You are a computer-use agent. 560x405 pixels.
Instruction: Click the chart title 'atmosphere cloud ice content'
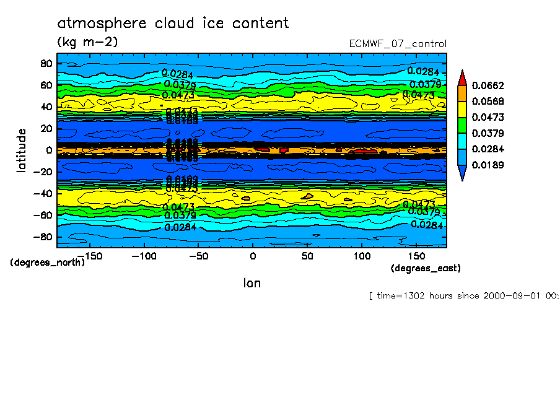pos(173,24)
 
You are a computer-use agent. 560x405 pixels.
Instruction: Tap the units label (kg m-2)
pos(87,42)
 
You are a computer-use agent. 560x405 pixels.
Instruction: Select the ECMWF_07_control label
pos(398,43)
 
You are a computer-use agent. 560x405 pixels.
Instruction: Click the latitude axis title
pos(22,150)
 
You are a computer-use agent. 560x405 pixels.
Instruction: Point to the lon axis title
pos(252,283)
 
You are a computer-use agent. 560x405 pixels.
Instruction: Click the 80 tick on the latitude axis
pos(45,63)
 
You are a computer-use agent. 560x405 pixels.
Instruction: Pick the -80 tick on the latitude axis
pos(43,237)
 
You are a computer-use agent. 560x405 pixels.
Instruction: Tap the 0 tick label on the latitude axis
pos(48,150)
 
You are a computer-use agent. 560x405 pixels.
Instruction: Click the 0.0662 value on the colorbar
pos(488,85)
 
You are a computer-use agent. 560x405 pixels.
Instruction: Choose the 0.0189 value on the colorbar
pos(488,165)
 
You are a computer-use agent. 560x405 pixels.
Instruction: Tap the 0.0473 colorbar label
pos(488,117)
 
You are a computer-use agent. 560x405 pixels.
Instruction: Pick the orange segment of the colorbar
pos(462,93)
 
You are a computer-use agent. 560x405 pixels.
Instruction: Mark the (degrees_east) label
pos(426,268)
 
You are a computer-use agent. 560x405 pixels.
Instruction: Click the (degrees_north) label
pos(48,262)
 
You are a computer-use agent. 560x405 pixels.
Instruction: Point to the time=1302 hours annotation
pos(463,295)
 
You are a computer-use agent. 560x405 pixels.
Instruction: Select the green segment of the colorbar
pos(462,125)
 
